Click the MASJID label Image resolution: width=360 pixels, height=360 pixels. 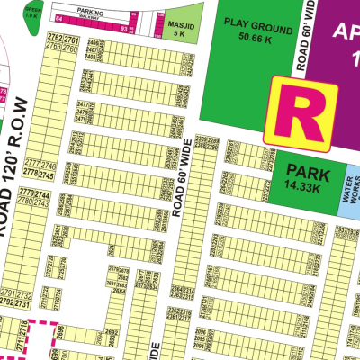pyautogui.click(x=178, y=28)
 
